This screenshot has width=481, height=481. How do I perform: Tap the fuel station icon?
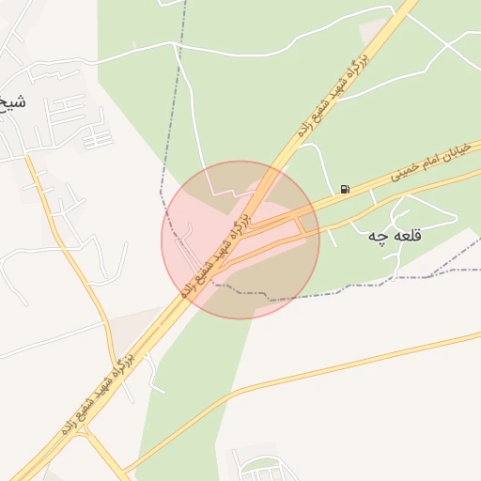(346, 190)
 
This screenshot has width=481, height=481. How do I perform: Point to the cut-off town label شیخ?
(11, 101)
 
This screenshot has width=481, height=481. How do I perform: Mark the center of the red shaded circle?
(240, 240)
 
